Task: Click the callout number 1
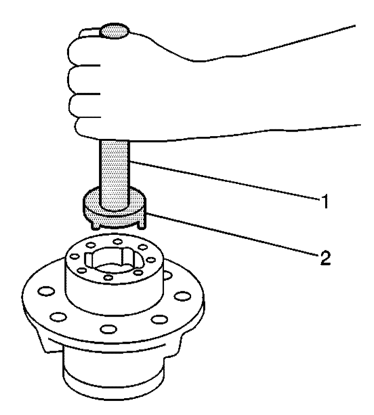tap(323, 202)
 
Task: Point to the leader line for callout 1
tap(223, 180)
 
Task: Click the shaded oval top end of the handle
tap(115, 31)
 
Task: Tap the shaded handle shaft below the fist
tap(115, 165)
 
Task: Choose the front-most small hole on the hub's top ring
tap(108, 277)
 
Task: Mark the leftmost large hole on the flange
tap(46, 292)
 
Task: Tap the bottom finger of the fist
tap(88, 127)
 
